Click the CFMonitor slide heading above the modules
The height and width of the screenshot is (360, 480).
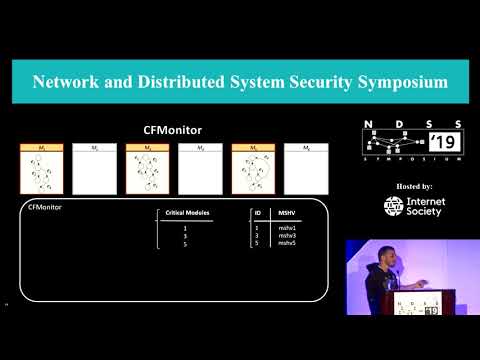pyautogui.click(x=173, y=129)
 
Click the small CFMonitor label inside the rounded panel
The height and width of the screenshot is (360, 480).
pyautogui.click(x=44, y=207)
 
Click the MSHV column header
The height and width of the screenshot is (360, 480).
pyautogui.click(x=286, y=213)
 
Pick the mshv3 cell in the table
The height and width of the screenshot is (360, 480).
pyautogui.click(x=286, y=235)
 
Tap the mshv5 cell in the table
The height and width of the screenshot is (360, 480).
pyautogui.click(x=286, y=243)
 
